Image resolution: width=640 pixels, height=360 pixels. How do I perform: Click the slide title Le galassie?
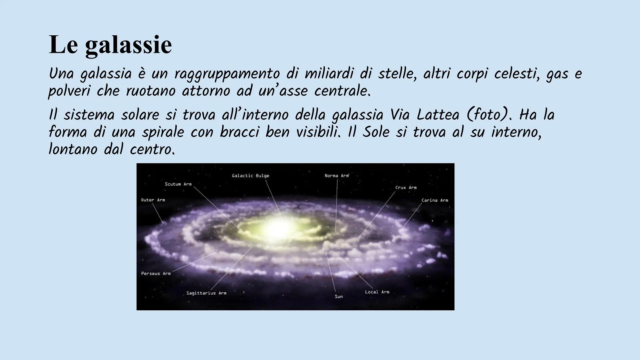pyautogui.click(x=110, y=45)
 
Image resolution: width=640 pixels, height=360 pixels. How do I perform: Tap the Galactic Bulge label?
pyautogui.click(x=250, y=176)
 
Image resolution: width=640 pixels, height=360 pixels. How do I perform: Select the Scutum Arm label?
pyautogui.click(x=178, y=184)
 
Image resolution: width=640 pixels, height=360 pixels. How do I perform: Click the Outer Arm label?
pyautogui.click(x=153, y=200)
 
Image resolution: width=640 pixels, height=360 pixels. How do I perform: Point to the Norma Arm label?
pyautogui.click(x=336, y=176)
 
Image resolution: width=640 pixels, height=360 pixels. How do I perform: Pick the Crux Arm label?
pyautogui.click(x=406, y=188)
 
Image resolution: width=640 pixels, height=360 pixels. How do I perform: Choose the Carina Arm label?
pyautogui.click(x=435, y=200)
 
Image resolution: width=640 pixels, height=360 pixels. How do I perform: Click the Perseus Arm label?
pyautogui.click(x=156, y=274)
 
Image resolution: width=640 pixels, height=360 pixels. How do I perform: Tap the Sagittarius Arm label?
pyautogui.click(x=206, y=293)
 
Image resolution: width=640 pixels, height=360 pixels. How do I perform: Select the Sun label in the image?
pyautogui.click(x=338, y=297)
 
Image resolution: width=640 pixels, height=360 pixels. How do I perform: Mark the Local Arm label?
pyautogui.click(x=377, y=292)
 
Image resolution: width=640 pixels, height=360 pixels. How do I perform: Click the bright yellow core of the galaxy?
pyautogui.click(x=277, y=228)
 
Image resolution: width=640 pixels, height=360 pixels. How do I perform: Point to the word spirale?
pyautogui.click(x=163, y=132)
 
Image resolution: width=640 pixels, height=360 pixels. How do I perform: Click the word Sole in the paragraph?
pyautogui.click(x=376, y=132)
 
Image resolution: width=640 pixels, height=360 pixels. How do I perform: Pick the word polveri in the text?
pyautogui.click(x=69, y=91)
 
